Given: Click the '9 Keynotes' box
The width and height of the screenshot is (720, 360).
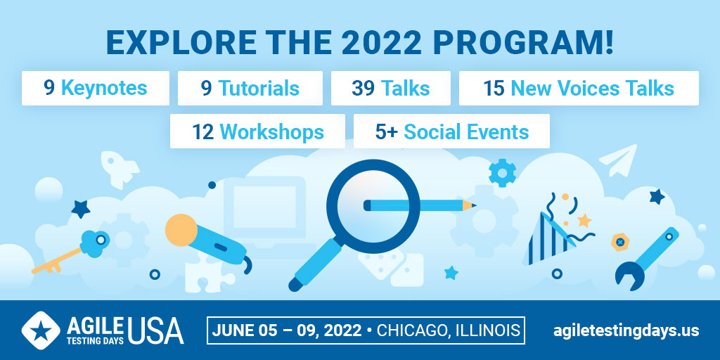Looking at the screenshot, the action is coord(96,88).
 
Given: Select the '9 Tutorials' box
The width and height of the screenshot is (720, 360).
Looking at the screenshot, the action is coord(250,88).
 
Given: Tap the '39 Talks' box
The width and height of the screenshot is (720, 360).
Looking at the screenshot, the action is coord(391,88).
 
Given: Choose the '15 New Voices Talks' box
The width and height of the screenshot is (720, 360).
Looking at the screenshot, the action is coord(579,88).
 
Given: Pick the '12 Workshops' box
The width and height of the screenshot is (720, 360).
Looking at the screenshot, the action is coord(257,131).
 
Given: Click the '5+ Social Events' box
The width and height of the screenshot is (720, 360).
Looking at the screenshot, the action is coord(452,131).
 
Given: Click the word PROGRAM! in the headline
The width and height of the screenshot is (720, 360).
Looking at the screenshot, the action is coord(523,43).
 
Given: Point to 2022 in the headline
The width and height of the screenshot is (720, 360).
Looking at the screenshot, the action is coord(381,43).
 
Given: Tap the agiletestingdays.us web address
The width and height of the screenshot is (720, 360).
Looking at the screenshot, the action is coord(626,330).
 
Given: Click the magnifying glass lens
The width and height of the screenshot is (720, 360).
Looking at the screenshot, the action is coord(373,206).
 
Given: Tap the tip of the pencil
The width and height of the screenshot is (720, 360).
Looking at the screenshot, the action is coord(476,205).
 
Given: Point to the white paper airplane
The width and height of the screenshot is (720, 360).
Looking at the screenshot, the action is coord(619,160).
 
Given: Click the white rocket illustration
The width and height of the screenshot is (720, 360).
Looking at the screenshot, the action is coord(119,169).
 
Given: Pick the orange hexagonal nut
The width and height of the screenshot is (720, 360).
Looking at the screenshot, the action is coord(620,242).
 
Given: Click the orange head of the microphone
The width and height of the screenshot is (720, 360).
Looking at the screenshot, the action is coord(181,230).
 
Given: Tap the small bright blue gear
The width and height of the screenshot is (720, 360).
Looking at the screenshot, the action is coord(502,173).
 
